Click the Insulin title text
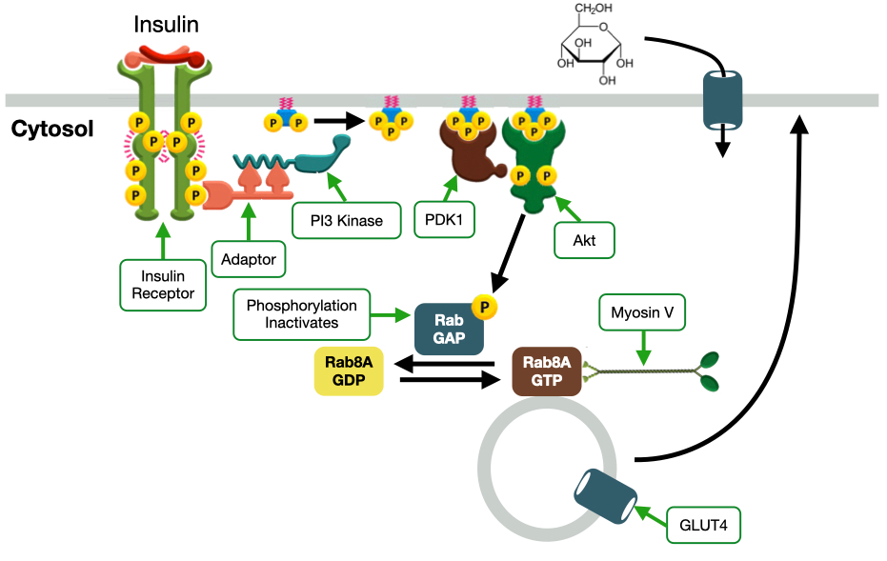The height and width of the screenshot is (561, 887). [x=166, y=24]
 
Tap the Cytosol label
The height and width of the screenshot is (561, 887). [x=51, y=129]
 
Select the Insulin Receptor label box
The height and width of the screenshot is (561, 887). [x=163, y=284]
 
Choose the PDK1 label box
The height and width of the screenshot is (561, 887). [x=444, y=220]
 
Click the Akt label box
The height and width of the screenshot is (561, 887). [x=585, y=240]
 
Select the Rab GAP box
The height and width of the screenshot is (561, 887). [x=450, y=329]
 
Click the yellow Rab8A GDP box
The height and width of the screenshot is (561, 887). [x=349, y=371]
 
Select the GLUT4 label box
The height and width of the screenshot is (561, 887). [x=703, y=523]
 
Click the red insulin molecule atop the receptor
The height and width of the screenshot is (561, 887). [x=168, y=54]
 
